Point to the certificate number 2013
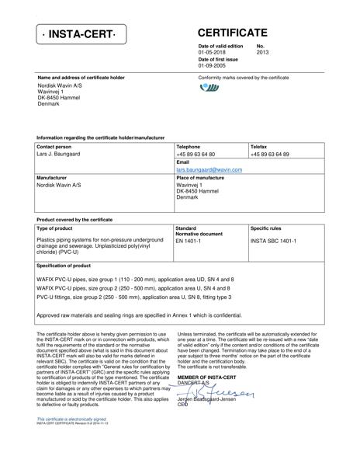tap(262, 54)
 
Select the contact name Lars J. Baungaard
tap(58, 154)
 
